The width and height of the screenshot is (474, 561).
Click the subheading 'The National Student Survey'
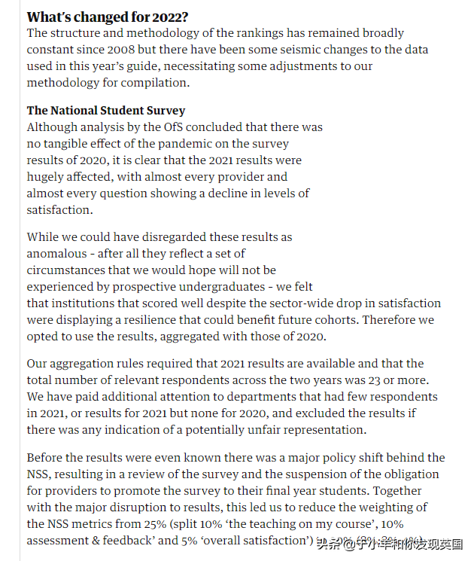106,111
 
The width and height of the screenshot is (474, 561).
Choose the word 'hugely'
47,177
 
